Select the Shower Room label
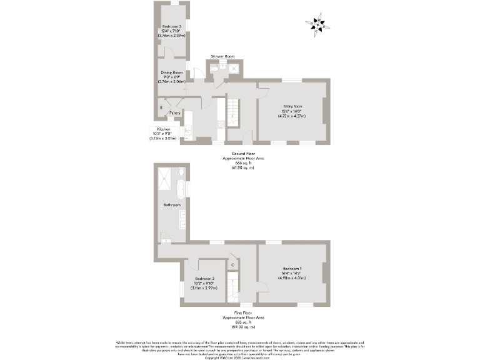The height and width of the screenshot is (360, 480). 222,56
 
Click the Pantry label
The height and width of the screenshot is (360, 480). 174,113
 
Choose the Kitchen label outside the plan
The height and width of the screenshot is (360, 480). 163,129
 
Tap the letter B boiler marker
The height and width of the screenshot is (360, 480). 161,108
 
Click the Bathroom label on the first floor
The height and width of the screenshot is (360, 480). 172,205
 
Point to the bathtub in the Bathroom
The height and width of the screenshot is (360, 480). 180,187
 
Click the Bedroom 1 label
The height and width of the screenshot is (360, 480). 292,268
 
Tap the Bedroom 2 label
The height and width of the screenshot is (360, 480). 205,278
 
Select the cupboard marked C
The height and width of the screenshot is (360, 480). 232,265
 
